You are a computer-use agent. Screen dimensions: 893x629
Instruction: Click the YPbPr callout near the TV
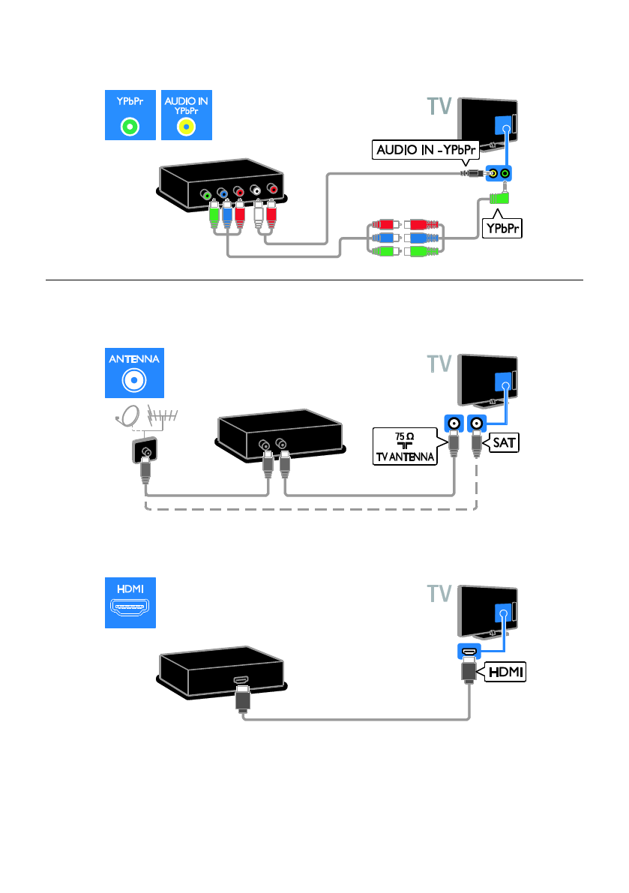click(502, 228)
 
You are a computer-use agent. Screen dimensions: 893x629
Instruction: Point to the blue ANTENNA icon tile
click(132, 372)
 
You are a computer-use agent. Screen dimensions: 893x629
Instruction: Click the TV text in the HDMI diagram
click(439, 595)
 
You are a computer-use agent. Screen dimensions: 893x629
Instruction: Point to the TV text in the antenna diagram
click(439, 364)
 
